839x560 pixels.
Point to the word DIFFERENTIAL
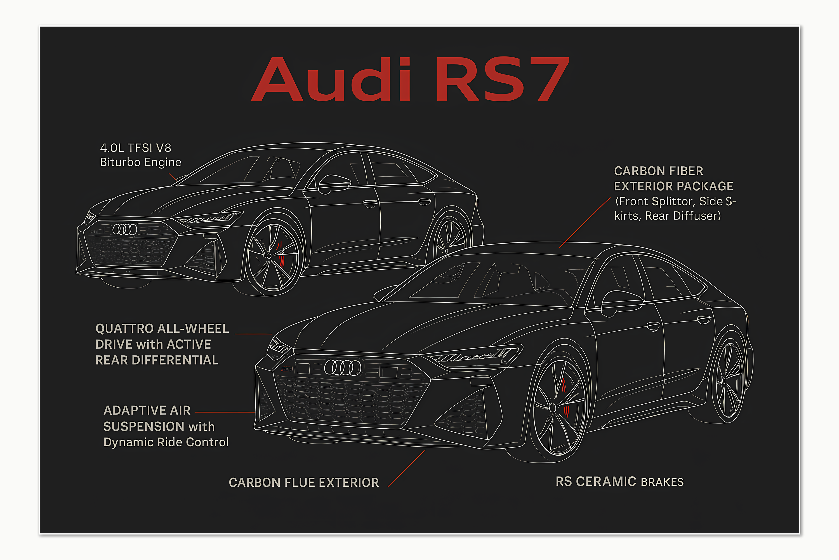click(175, 360)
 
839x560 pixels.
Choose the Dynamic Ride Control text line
click(166, 442)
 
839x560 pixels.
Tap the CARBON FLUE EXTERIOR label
click(303, 482)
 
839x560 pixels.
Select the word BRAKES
click(662, 482)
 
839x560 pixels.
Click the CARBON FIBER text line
click(659, 171)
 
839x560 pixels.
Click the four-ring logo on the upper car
click(125, 229)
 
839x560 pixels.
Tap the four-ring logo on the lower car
click(342, 367)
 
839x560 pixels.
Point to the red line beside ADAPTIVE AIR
click(225, 412)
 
